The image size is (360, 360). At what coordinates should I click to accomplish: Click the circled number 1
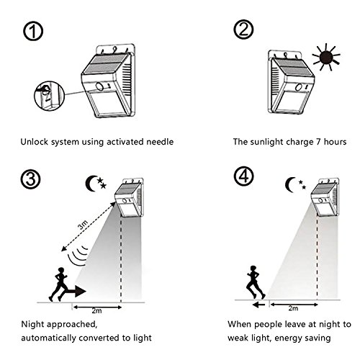coord(33,31)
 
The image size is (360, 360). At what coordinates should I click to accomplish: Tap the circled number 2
coord(243,30)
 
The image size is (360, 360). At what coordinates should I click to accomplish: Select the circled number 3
coord(30,179)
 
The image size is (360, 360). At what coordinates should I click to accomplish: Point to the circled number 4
coord(243,176)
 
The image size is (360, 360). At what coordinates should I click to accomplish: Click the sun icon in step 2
coord(326,57)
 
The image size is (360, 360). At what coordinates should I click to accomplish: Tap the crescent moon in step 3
coord(90,184)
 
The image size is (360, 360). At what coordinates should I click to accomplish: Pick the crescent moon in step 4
coord(290,185)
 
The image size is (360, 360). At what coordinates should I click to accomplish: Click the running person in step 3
coord(59,284)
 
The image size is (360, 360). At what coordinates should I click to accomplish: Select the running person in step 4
coord(256,282)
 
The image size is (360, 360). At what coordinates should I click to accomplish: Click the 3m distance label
coord(83,225)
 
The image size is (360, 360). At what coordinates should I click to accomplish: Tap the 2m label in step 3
coord(96,311)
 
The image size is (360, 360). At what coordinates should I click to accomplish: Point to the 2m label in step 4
coord(293,308)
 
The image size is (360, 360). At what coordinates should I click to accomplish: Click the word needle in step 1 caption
coord(160,142)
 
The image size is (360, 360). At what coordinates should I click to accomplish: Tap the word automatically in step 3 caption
coord(48,338)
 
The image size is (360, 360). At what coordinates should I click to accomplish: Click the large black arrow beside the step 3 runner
coord(76,292)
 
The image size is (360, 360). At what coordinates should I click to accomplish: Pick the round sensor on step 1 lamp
coord(99,86)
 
